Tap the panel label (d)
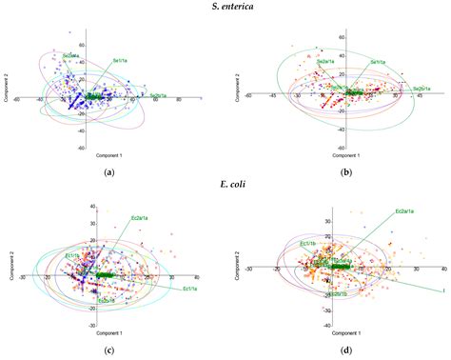(340, 350)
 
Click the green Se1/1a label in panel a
(120, 60)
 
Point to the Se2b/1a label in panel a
(167, 95)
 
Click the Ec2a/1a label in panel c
(142, 219)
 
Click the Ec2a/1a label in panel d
(407, 210)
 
